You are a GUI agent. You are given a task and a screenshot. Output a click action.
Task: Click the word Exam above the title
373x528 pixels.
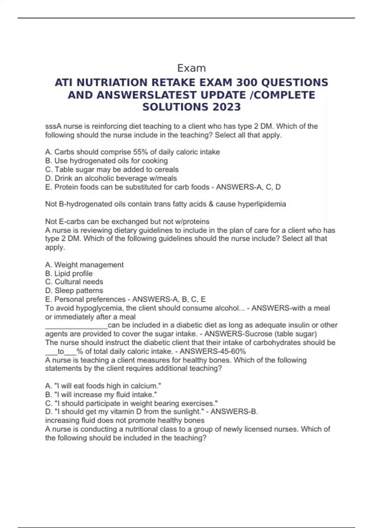click(x=191, y=68)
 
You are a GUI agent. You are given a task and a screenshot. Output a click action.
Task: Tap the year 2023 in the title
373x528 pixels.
click(x=226, y=107)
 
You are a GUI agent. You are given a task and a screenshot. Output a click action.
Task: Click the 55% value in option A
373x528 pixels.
click(x=140, y=152)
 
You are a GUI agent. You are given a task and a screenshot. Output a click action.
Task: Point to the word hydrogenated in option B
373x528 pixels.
click(x=93, y=161)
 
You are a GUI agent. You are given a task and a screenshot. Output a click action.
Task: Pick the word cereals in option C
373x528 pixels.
click(x=168, y=170)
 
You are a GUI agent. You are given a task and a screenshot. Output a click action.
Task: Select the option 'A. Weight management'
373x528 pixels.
click(x=84, y=265)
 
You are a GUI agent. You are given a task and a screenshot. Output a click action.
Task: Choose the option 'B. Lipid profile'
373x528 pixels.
click(x=69, y=273)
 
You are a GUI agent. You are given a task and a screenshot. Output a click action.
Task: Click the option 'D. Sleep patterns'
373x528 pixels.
click(x=74, y=290)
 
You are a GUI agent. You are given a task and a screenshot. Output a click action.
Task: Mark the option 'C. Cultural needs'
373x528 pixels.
click(x=74, y=282)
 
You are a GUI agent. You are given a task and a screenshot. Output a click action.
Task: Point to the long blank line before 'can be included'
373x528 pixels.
click(x=76, y=325)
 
